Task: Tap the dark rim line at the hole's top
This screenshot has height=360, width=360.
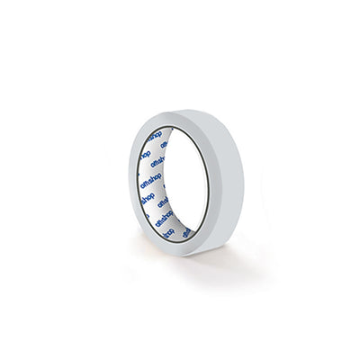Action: coord(180,127)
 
